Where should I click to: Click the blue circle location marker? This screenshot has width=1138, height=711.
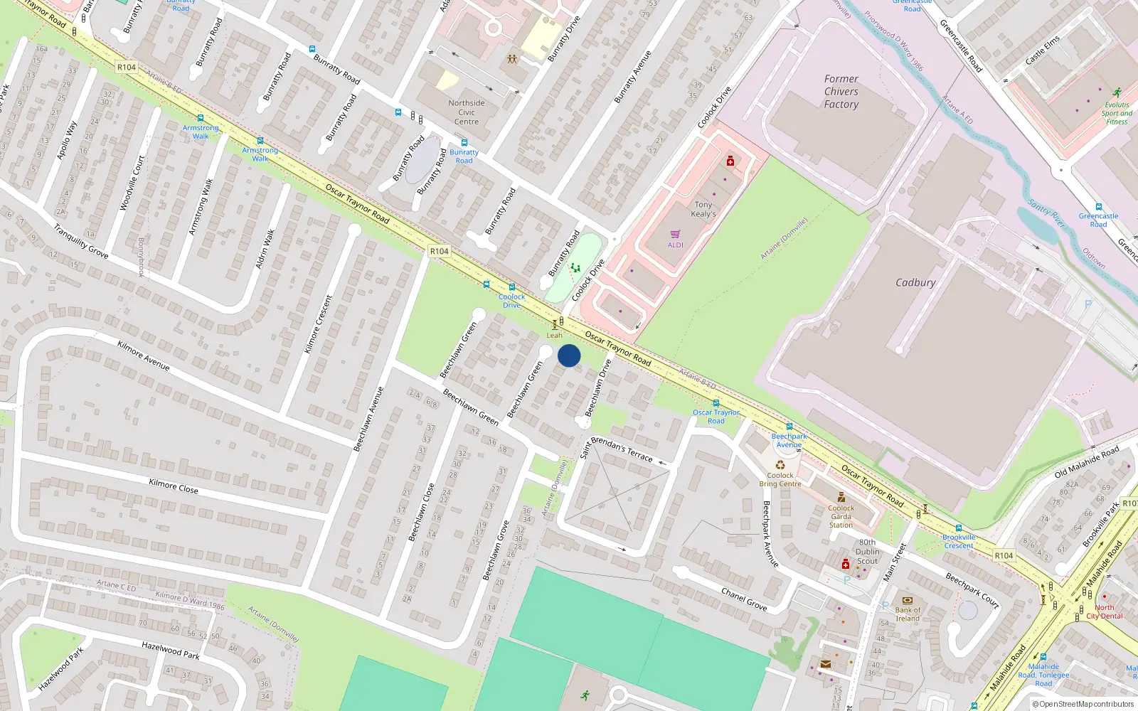pos(569,355)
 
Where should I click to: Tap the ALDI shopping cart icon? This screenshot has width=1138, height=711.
pos(676,234)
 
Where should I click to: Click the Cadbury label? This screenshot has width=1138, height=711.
pos(915,282)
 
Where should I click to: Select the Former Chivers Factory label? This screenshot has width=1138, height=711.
pos(841,92)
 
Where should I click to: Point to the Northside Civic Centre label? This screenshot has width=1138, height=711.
pos(467,112)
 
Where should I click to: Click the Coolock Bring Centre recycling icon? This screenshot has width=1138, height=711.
pos(780,466)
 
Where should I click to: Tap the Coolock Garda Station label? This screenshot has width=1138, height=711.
pos(841,516)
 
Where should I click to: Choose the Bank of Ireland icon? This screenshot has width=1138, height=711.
pos(907,600)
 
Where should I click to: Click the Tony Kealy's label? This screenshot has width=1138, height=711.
pos(703,209)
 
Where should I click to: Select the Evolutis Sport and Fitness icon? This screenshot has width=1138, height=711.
pos(1117,92)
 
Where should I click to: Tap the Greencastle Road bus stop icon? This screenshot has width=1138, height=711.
pos(1098,207)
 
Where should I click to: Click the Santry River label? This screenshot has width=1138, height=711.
pos(1047,213)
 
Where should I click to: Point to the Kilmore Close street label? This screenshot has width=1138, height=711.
pos(174,486)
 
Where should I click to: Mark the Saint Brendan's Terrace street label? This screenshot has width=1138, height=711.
pos(616,448)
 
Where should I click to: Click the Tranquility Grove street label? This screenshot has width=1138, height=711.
pos(81,240)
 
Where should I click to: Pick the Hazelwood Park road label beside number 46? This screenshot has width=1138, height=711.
pos(171,650)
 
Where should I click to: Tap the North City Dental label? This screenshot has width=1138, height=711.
pos(1105,611)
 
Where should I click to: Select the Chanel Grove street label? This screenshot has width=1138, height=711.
pos(744,599)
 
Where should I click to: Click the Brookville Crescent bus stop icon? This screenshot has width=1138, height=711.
pos(959,528)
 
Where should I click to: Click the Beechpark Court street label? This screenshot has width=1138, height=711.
pos(972,590)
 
